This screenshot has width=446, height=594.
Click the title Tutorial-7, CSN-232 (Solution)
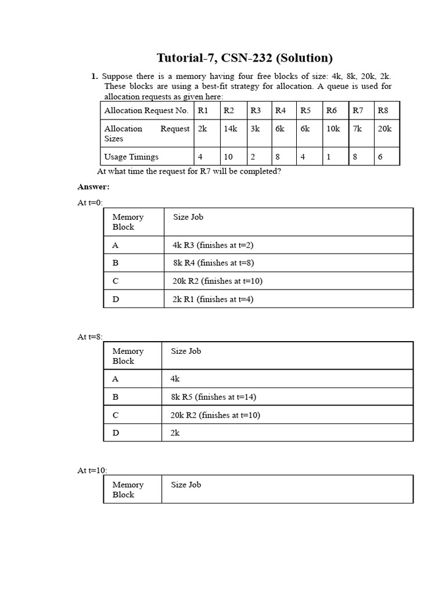244,58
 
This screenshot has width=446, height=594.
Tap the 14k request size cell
231,129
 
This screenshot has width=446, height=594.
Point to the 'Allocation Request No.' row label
146,110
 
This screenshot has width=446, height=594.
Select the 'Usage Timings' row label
131,157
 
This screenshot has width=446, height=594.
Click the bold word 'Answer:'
93,187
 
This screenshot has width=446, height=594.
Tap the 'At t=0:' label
90,202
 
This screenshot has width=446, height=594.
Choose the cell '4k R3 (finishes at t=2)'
213,245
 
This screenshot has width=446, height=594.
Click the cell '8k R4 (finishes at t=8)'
213,263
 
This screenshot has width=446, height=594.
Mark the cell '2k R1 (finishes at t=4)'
213,299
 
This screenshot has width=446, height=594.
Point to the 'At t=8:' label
90,336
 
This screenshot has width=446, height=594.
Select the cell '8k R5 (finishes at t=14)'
213,397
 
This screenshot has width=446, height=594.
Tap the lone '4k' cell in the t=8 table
175,379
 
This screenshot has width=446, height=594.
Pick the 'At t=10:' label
92,470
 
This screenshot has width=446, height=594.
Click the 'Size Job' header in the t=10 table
186,484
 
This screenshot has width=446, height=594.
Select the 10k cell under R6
333,129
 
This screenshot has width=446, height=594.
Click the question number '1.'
94,76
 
